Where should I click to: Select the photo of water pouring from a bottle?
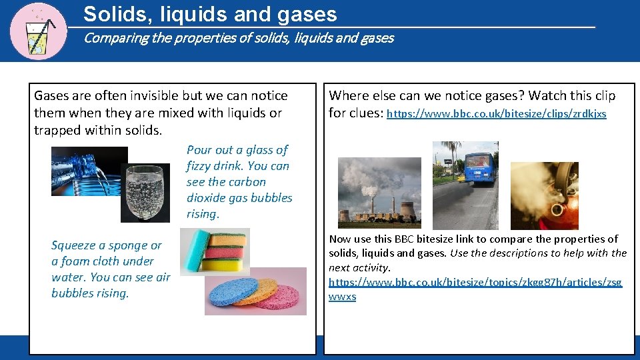(x=89, y=171)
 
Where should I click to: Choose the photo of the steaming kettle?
(x=544, y=195)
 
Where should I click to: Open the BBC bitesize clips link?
(x=496, y=114)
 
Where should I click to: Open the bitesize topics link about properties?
(x=475, y=283)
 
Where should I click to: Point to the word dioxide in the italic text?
(x=208, y=198)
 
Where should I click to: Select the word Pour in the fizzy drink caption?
(x=199, y=150)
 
